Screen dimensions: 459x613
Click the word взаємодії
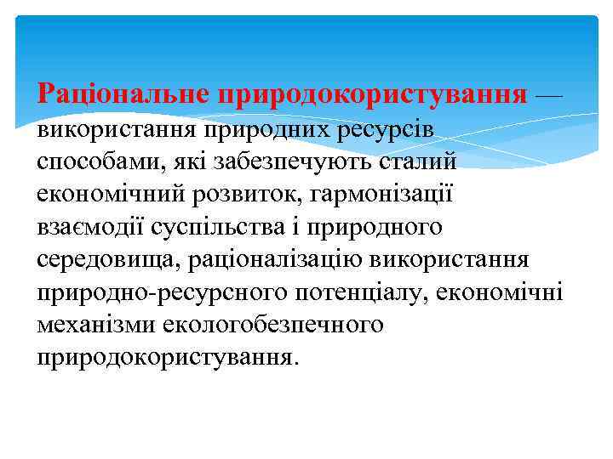pyautogui.click(x=89, y=227)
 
